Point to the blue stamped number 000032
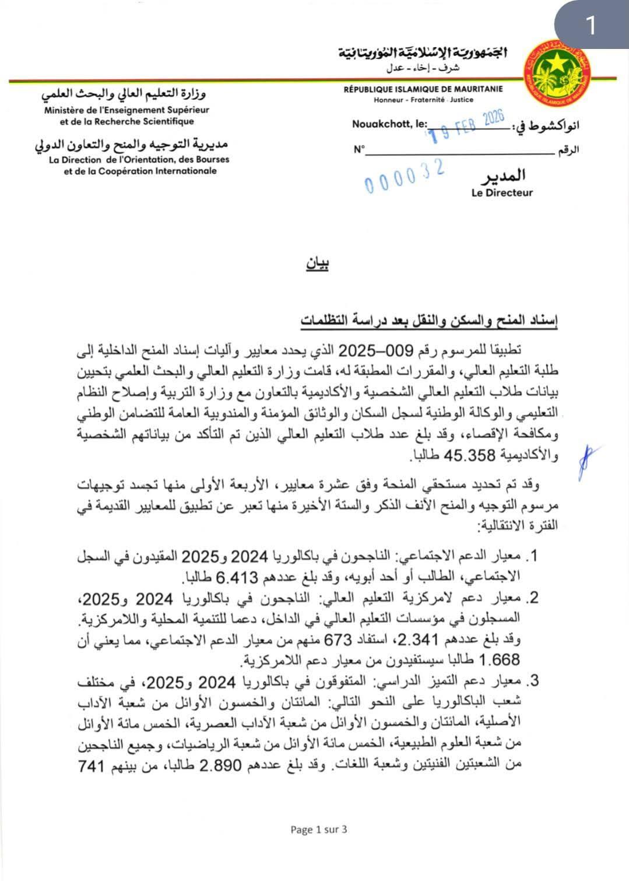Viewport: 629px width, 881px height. point(406,176)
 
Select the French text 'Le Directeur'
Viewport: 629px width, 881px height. point(502,192)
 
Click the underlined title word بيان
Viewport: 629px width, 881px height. point(317,265)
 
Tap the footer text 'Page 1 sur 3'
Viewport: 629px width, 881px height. point(319,829)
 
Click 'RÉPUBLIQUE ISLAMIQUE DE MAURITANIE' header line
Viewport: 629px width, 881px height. point(423,90)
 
